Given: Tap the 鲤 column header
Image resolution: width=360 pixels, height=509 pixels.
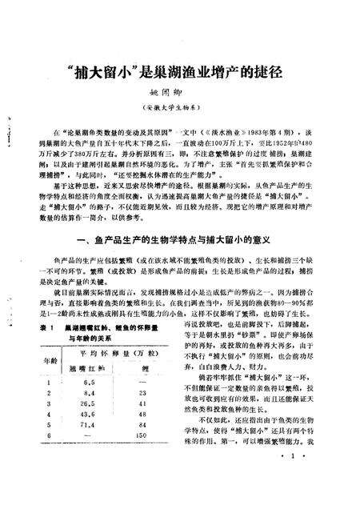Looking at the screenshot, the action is tap(144, 369).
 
